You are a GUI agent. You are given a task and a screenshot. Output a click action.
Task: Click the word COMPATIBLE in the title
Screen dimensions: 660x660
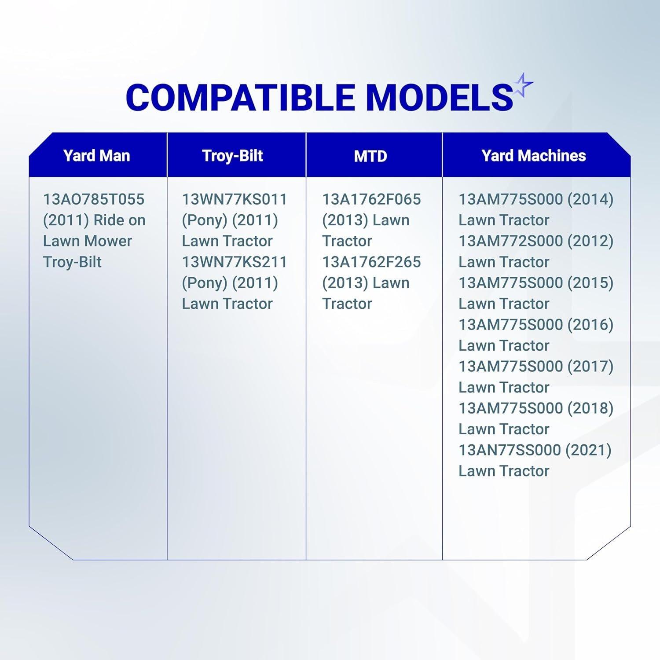pyautogui.click(x=241, y=97)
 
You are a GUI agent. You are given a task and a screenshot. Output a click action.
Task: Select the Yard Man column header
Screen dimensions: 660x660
pyautogui.click(x=96, y=155)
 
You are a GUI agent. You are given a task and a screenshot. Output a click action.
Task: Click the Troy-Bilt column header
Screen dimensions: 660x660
pyautogui.click(x=232, y=156)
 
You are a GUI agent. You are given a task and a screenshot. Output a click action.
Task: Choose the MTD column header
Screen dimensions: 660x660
pyautogui.click(x=370, y=156)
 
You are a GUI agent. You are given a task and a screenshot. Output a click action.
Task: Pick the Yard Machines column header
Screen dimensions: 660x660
pyautogui.click(x=534, y=155)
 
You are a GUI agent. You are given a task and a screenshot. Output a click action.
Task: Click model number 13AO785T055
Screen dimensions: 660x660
pyautogui.click(x=94, y=199)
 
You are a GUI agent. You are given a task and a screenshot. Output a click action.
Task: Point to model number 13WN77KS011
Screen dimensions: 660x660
pyautogui.click(x=235, y=199)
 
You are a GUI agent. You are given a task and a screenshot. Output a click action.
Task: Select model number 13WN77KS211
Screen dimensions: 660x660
pyautogui.click(x=235, y=262)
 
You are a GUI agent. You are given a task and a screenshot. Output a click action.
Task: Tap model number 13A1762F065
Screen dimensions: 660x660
pyautogui.click(x=371, y=199)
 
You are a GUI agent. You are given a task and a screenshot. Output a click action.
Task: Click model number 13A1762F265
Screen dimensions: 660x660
pyautogui.click(x=371, y=262)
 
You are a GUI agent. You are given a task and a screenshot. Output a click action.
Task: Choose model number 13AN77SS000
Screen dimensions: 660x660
pyautogui.click(x=510, y=450)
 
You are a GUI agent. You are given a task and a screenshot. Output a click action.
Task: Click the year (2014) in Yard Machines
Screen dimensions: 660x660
pyautogui.click(x=590, y=200)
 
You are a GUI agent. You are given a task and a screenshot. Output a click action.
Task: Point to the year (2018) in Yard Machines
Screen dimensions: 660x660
pyautogui.click(x=590, y=409)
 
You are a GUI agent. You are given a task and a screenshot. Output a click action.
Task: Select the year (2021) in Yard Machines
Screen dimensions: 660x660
pyautogui.click(x=588, y=451)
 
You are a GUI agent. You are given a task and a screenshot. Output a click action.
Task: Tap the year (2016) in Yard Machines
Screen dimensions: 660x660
pyautogui.click(x=590, y=325)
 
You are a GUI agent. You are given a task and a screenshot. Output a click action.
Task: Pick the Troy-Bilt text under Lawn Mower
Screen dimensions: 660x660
pyautogui.click(x=72, y=262)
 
